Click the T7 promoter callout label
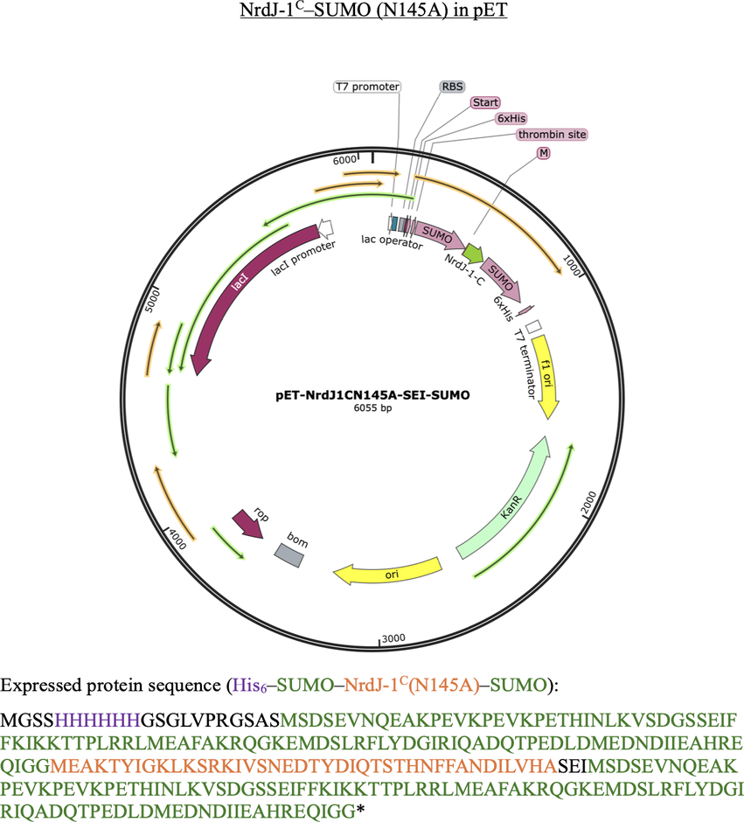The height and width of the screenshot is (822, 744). point(367,87)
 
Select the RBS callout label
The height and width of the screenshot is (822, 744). point(452,87)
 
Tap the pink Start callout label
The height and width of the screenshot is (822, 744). point(485,102)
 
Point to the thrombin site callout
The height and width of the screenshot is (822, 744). point(552,134)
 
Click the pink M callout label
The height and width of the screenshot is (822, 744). point(543,152)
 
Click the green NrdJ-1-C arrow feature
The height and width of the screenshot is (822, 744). point(474,254)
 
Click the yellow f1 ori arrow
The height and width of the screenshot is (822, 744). point(546,376)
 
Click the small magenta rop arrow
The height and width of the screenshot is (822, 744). point(247,524)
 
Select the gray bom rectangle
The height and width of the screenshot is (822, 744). point(289,555)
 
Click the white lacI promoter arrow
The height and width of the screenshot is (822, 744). point(326,227)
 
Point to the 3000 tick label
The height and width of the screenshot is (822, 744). point(393,638)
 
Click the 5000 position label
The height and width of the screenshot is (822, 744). point(152,301)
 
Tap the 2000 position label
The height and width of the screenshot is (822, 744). point(589,504)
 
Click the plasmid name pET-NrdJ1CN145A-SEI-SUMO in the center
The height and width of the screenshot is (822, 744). point(372,395)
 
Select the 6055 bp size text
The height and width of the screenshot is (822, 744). point(372,408)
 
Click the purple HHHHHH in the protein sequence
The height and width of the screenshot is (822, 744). point(97,721)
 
